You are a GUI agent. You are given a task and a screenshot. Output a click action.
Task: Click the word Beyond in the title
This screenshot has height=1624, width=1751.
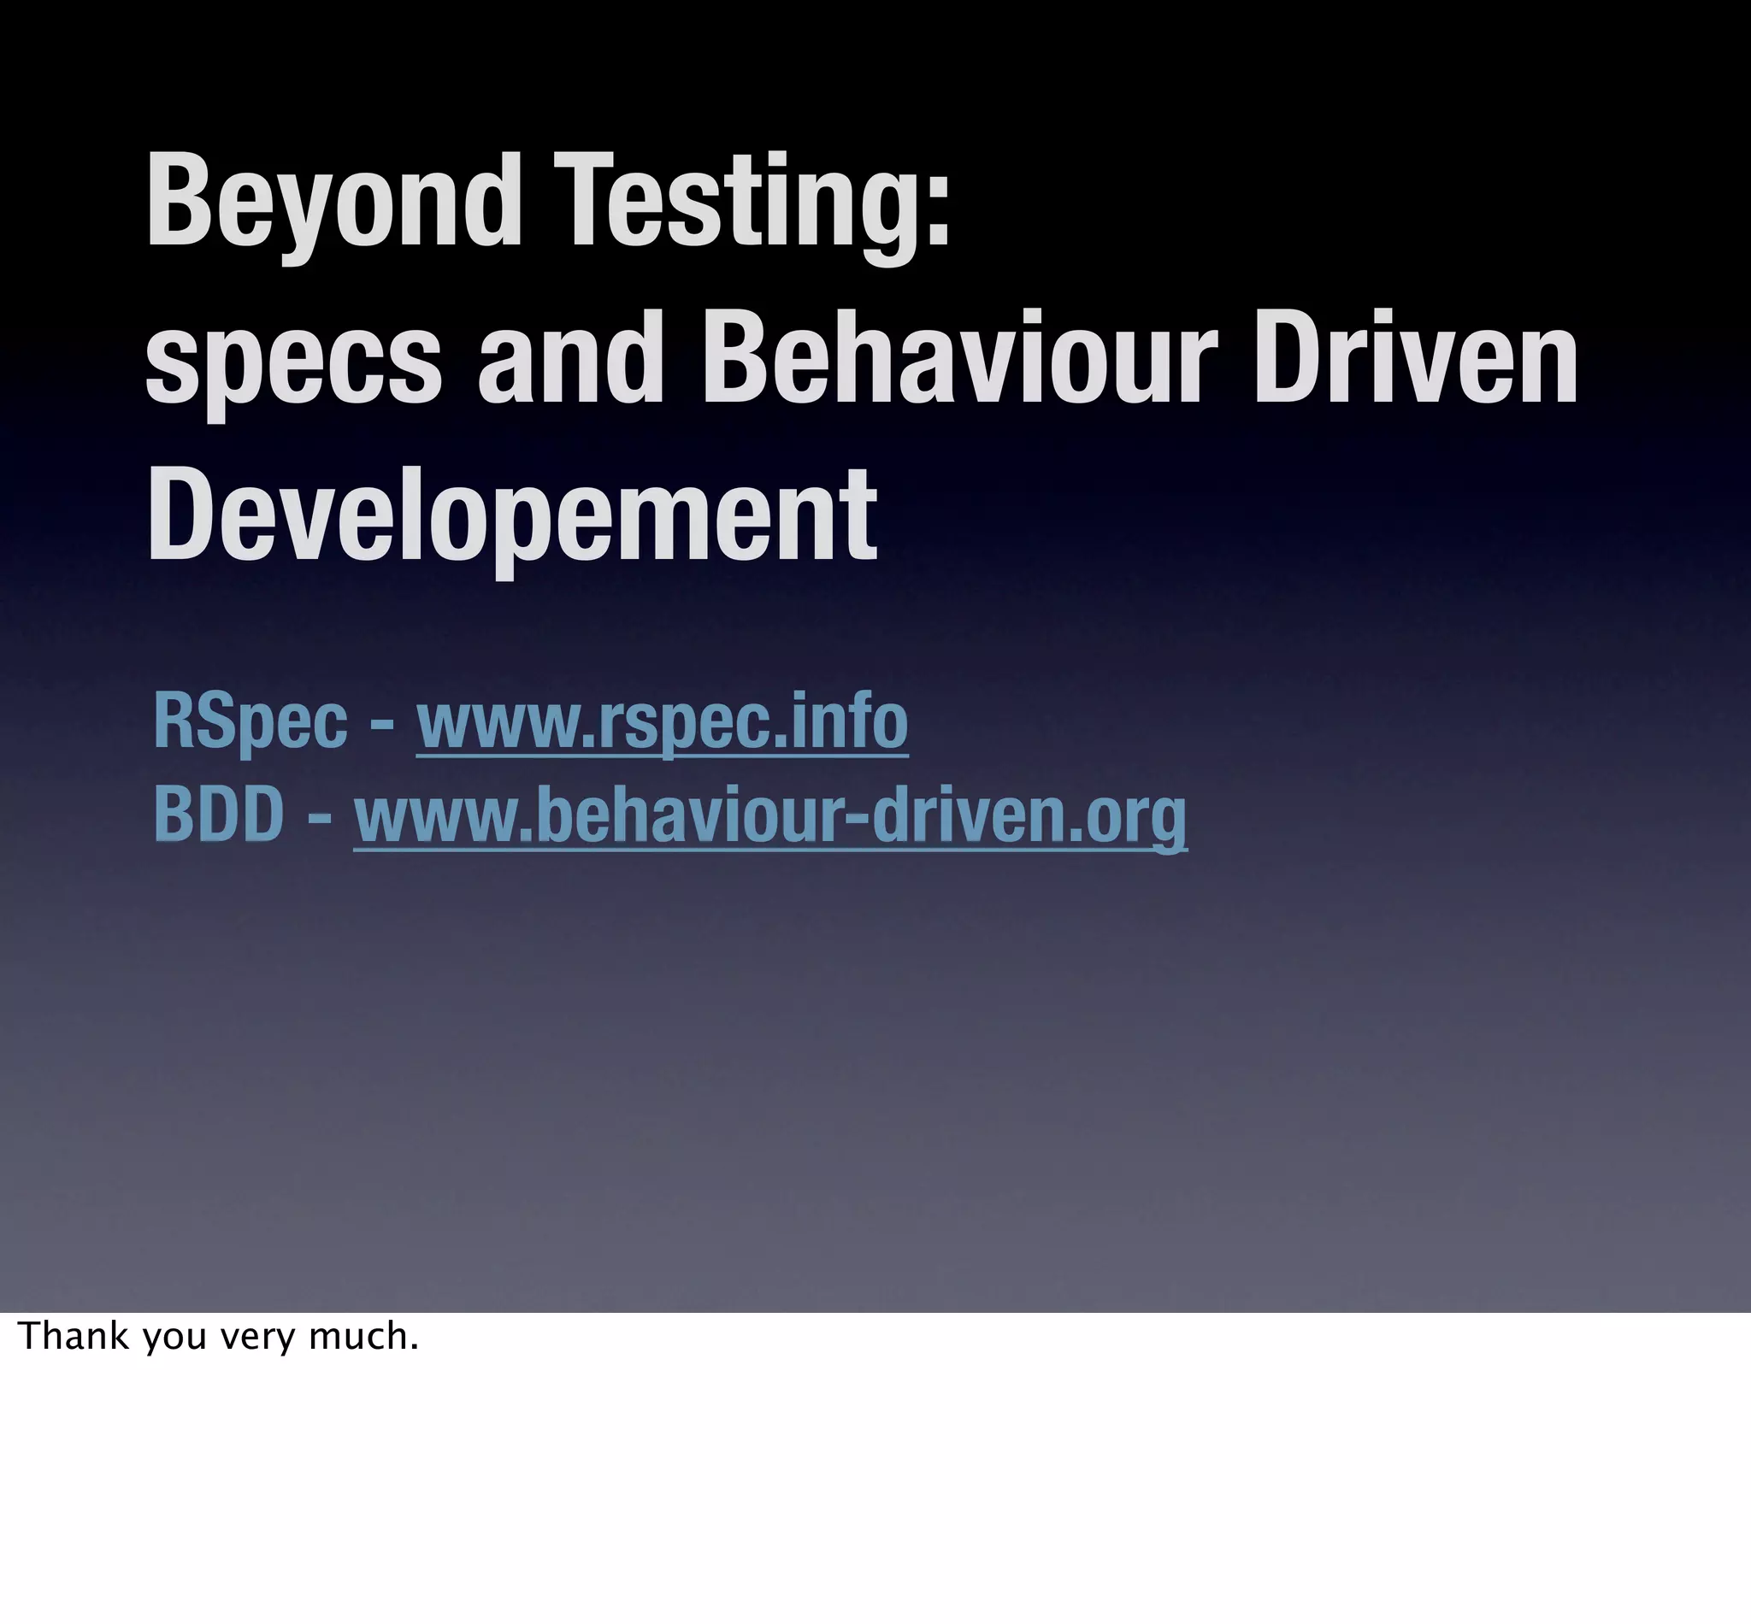tap(334, 204)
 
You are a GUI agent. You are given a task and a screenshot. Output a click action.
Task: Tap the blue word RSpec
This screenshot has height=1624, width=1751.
tap(251, 721)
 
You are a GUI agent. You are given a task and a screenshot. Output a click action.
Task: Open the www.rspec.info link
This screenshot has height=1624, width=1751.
tap(662, 721)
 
